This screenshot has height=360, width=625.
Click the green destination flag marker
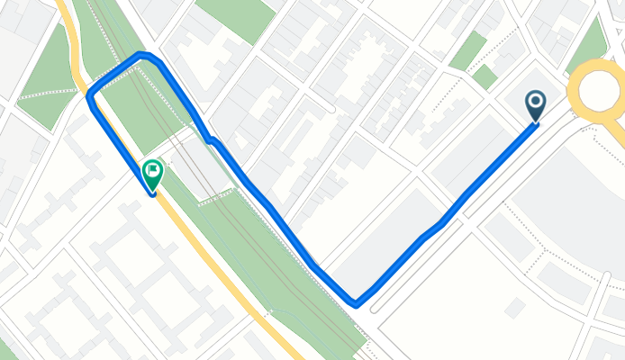pos(153,172)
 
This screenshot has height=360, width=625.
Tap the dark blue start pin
pos(535,105)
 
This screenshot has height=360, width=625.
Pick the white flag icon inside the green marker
pos(154,167)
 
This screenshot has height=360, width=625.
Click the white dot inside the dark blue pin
pos(535,102)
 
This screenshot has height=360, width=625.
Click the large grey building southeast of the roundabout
pos(576,207)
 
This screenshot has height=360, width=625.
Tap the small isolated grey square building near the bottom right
pos(516,309)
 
